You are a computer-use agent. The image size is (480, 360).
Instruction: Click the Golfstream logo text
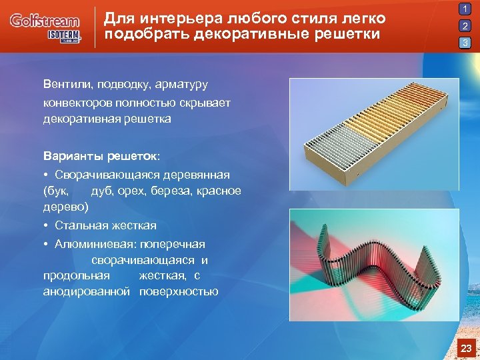(x=44, y=21)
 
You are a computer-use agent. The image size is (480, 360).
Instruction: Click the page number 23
(x=466, y=348)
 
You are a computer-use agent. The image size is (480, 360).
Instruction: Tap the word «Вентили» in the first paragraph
(x=67, y=85)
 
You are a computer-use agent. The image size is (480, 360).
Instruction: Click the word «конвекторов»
(x=77, y=102)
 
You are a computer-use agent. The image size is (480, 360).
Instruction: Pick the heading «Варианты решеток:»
(x=101, y=156)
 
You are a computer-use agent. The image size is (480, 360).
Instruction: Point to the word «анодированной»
(x=86, y=291)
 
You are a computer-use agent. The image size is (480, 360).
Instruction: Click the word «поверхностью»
(x=179, y=291)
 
